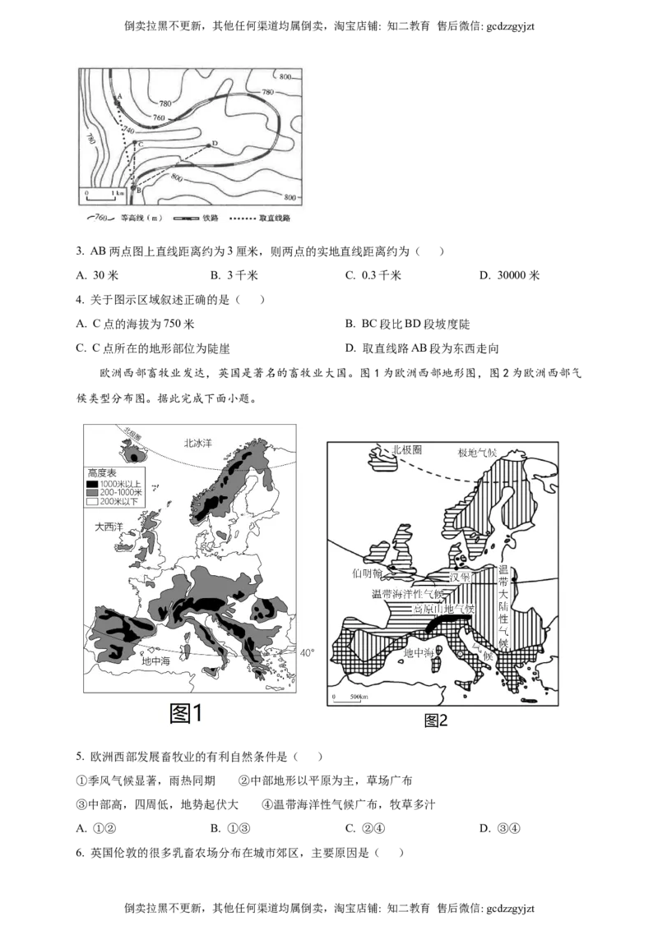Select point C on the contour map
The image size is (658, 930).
coord(135,143)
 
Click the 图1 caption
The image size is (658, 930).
coord(185,712)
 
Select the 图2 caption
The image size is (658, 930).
coord(435,721)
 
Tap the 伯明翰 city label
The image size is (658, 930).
coord(368,573)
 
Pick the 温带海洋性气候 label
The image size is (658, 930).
coord(407,593)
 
